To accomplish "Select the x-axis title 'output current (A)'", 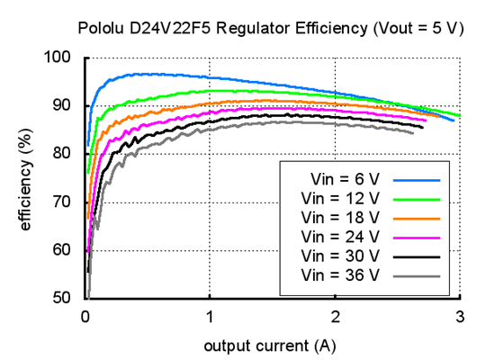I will pyautogui.click(x=271, y=346).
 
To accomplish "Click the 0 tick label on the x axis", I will pyautogui.click(x=85, y=316).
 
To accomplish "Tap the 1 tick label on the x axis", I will pyautogui.click(x=211, y=316).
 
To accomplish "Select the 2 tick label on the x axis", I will pyautogui.click(x=336, y=316).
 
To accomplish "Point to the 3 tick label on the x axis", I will pyautogui.click(x=460, y=316).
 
